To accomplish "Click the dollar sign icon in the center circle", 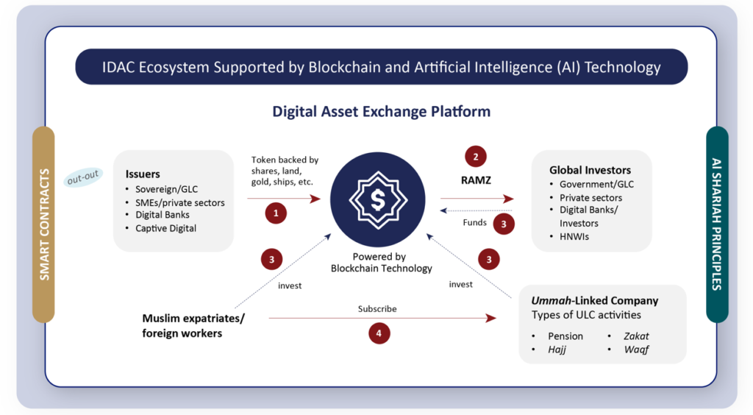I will [377, 199].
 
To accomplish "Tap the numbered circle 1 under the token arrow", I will [276, 213].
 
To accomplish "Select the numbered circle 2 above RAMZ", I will [475, 157].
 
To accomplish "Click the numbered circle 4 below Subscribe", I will [379, 333].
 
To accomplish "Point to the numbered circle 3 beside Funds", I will [504, 224].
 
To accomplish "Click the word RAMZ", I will [476, 180].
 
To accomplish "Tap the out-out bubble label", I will [83, 179].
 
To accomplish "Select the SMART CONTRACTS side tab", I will [44, 224].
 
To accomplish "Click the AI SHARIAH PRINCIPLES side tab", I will [717, 224].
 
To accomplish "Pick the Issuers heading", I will [143, 174].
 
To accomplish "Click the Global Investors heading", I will [590, 170].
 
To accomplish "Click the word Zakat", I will [636, 336].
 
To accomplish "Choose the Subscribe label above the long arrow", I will [377, 309].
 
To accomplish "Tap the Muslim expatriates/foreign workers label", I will [193, 326].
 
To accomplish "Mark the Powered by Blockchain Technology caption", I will [381, 263].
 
